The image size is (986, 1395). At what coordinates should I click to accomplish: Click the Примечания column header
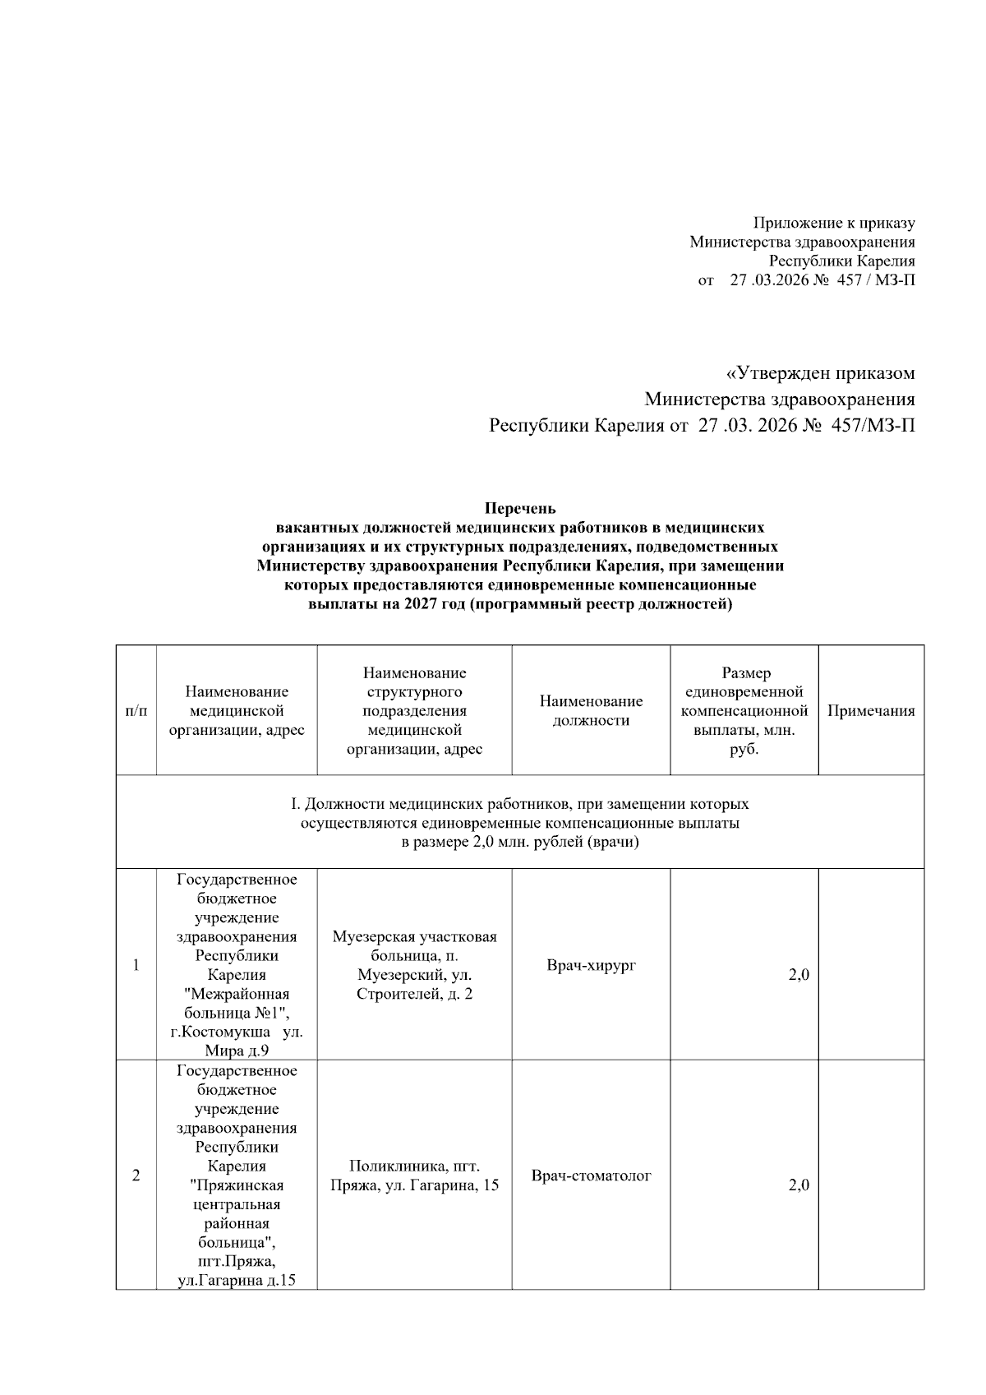click(870, 711)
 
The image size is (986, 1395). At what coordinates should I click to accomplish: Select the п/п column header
click(136, 711)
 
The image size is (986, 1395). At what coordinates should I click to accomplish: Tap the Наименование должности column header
click(591, 711)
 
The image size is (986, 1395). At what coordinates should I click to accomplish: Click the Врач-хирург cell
click(591, 965)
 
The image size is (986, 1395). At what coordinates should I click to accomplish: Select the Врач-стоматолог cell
click(591, 1176)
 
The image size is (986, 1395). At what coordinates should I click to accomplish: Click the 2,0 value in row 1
click(799, 975)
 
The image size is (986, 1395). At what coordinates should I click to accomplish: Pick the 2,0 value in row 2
click(799, 1185)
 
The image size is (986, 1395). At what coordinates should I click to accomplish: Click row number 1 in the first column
click(136, 965)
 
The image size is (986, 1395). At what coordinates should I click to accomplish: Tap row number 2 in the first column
click(136, 1176)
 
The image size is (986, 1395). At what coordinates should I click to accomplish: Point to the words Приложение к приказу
click(834, 223)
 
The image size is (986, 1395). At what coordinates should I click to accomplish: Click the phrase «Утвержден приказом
click(820, 374)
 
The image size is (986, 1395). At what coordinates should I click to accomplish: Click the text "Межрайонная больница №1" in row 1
click(237, 1003)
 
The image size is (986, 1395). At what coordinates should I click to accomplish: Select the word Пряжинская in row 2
click(237, 1185)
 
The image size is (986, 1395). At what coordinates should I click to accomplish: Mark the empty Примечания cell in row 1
click(870, 965)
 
